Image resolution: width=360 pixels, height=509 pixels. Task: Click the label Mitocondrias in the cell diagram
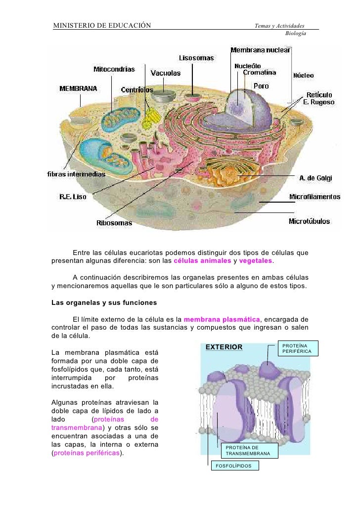pos(114,68)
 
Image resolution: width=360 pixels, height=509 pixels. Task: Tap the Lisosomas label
pos(196,58)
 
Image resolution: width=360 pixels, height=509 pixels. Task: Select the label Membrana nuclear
pos(261,50)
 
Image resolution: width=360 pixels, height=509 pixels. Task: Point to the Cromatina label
pos(260,73)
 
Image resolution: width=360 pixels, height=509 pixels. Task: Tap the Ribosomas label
pos(114,223)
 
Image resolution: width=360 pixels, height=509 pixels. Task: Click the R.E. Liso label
pos(73,197)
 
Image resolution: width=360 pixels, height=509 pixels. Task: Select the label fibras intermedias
pos(76,174)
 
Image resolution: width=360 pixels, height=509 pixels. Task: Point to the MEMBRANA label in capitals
pos(78,89)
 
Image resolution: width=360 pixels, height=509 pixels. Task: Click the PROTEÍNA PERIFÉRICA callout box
pos(297,348)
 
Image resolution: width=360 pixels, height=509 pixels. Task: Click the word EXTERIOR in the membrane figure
pos(224,347)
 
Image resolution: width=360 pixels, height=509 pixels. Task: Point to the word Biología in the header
pos(296,33)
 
